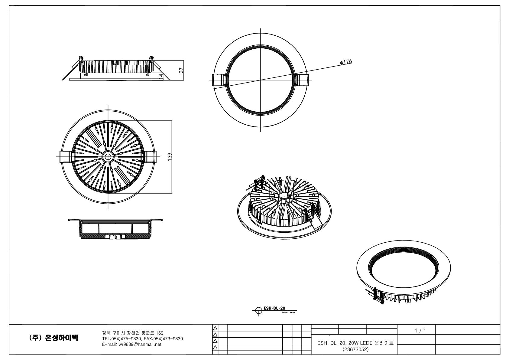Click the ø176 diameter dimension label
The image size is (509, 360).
click(x=346, y=62)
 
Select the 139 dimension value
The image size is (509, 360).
click(x=170, y=157)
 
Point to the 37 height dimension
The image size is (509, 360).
click(x=181, y=70)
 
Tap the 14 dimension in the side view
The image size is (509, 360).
click(x=161, y=77)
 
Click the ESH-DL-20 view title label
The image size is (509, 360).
click(x=274, y=308)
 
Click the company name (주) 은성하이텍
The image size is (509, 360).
click(x=53, y=338)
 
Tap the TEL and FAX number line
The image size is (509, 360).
click(x=142, y=339)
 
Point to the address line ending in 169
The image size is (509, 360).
click(x=133, y=333)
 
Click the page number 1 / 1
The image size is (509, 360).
click(x=420, y=330)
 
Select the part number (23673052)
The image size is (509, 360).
click(x=355, y=349)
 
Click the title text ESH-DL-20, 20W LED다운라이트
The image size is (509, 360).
click(x=355, y=343)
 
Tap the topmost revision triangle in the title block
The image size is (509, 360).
click(x=215, y=329)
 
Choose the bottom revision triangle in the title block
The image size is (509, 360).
click(x=215, y=348)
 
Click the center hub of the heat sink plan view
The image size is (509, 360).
click(x=108, y=157)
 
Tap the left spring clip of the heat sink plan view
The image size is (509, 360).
click(x=66, y=157)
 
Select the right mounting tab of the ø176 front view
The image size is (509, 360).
click(x=302, y=80)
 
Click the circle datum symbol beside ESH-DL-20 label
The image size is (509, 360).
click(x=259, y=311)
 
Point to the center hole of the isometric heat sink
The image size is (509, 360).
click(x=284, y=196)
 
